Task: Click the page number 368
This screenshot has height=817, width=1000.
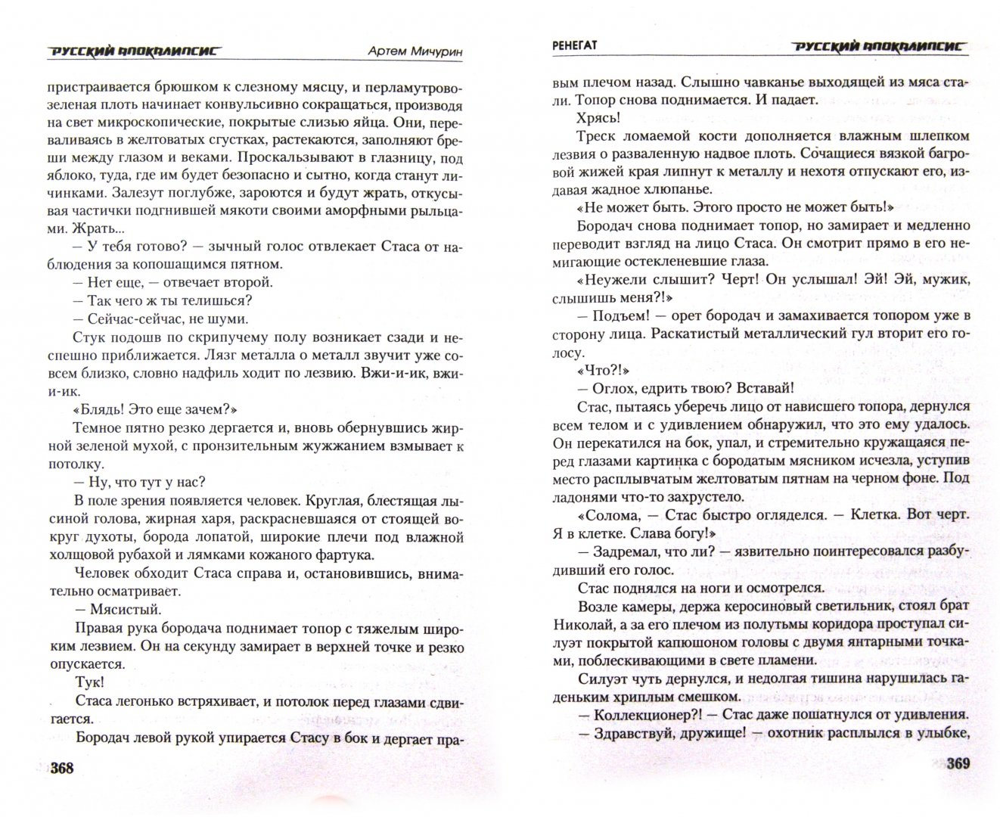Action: pyautogui.click(x=61, y=769)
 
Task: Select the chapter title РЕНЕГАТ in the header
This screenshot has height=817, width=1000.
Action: pyautogui.click(x=575, y=46)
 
